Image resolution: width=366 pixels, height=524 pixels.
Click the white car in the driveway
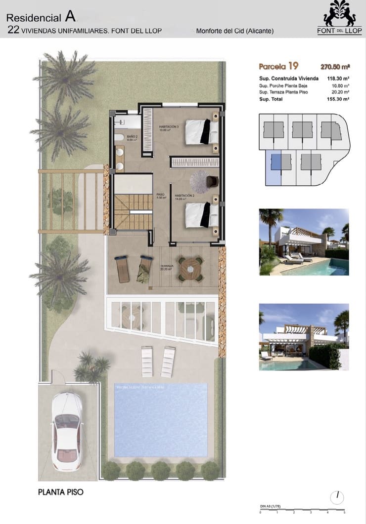(67, 430)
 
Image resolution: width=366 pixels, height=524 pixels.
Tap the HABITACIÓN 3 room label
(169, 129)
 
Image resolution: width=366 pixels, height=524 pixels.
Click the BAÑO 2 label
(132, 138)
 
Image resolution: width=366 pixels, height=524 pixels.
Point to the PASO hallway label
(160, 196)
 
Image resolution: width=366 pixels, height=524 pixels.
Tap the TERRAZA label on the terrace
(167, 268)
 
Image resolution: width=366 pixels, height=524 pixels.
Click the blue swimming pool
(161, 420)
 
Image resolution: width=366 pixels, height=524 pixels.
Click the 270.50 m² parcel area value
(335, 66)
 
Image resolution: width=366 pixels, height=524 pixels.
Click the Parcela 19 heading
(277, 66)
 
